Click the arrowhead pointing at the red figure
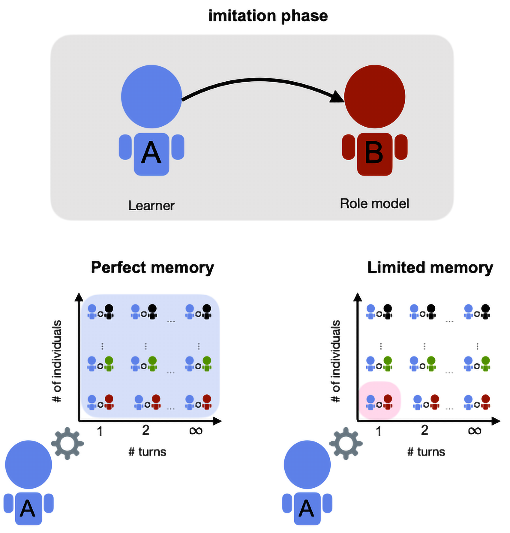337,97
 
